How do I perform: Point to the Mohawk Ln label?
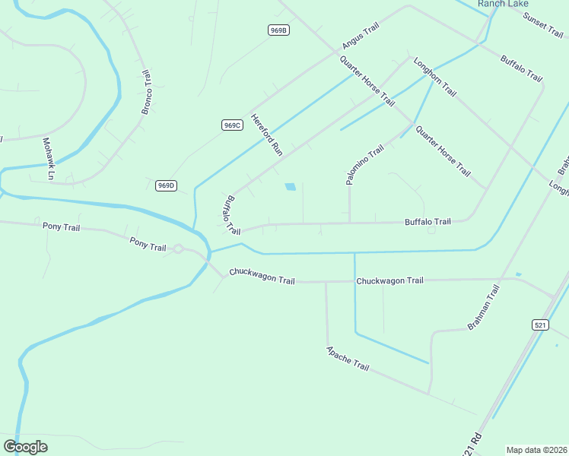coord(49,159)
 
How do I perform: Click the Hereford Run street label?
coord(267,136)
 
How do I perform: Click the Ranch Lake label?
coord(503,4)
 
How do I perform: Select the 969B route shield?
coord(279,30)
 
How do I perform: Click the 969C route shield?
coord(233,125)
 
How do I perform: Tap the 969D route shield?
coord(166,185)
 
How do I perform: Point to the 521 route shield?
coord(540,325)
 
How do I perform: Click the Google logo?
coord(25,447)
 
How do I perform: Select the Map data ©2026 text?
coord(536,449)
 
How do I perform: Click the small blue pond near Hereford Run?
coord(290,186)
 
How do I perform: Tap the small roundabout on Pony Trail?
coord(178,249)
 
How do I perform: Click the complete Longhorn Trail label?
coord(434,77)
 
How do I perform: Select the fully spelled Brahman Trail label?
coord(483,307)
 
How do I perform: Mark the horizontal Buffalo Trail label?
coord(428,222)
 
